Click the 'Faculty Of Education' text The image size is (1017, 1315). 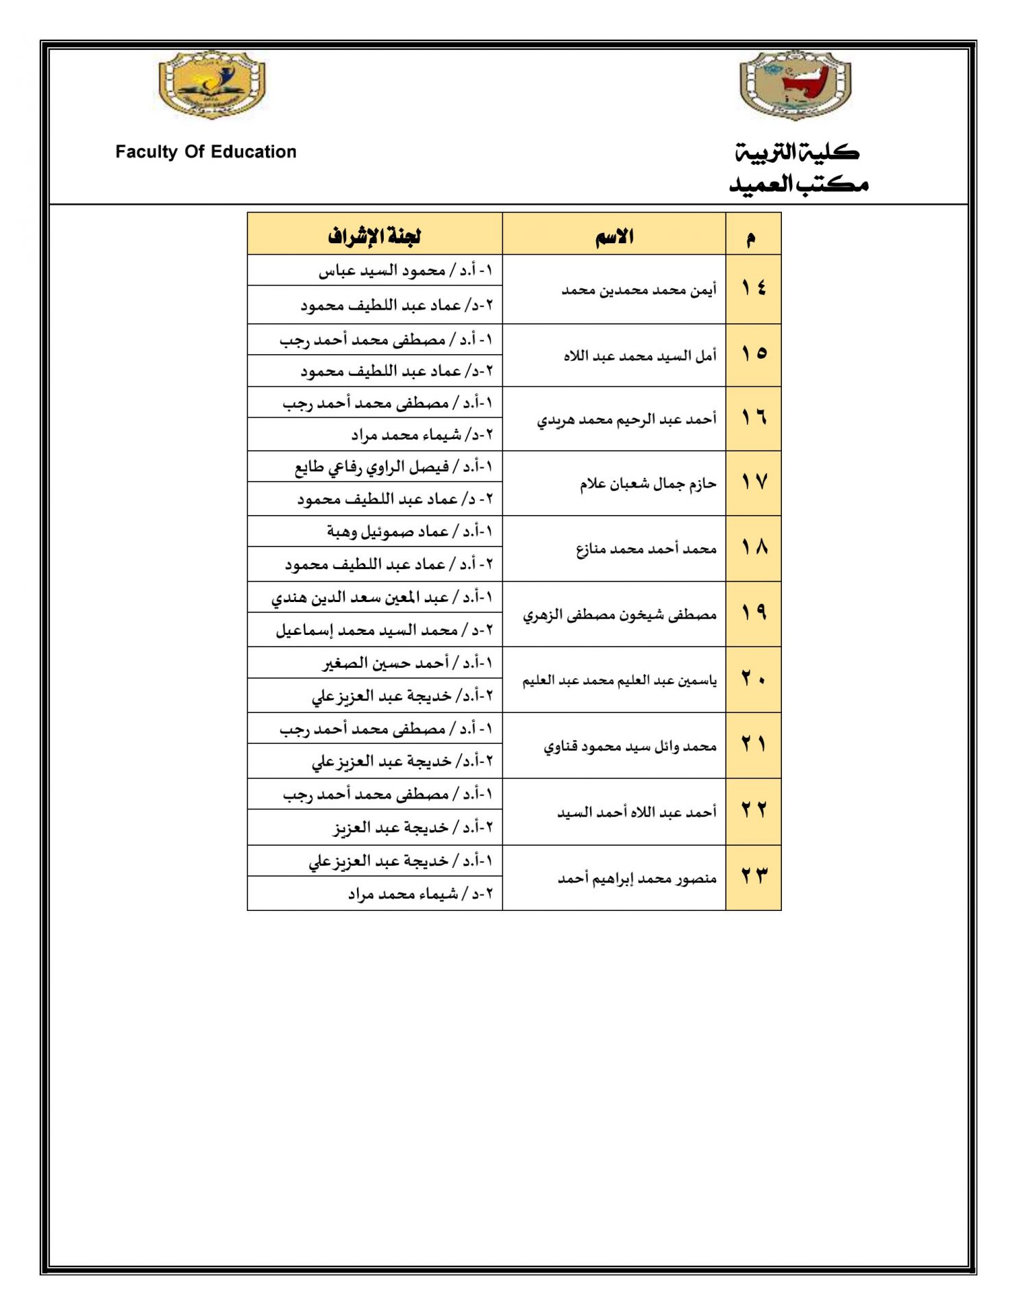pyautogui.click(x=206, y=152)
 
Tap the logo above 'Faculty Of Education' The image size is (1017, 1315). pyautogui.click(x=212, y=84)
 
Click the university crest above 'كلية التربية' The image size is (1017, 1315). pyautogui.click(x=795, y=86)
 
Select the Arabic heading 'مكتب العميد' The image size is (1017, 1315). pyautogui.click(x=798, y=184)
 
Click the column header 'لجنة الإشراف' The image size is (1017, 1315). pyautogui.click(x=374, y=236)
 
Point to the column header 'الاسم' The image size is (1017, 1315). pyautogui.click(x=614, y=237)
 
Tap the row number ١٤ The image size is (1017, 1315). pyautogui.click(x=753, y=288)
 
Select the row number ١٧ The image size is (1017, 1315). pyautogui.click(x=753, y=483)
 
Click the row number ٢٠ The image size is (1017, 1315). pyautogui.click(x=753, y=679)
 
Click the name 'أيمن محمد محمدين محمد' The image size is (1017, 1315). pyautogui.click(x=639, y=290)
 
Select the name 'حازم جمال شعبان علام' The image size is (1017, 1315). pyautogui.click(x=648, y=484)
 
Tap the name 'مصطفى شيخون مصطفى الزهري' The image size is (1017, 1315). pyautogui.click(x=620, y=615)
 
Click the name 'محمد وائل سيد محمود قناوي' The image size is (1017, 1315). pyautogui.click(x=630, y=746)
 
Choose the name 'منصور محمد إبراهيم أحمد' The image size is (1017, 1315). pyautogui.click(x=637, y=878)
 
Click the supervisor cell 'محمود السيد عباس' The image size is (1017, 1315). pyautogui.click(x=405, y=271)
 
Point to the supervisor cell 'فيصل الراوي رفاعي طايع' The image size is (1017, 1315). pyautogui.click(x=393, y=467)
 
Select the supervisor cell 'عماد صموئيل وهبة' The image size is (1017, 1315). pyautogui.click(x=409, y=531)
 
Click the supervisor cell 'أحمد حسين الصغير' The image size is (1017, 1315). pyautogui.click(x=407, y=663)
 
